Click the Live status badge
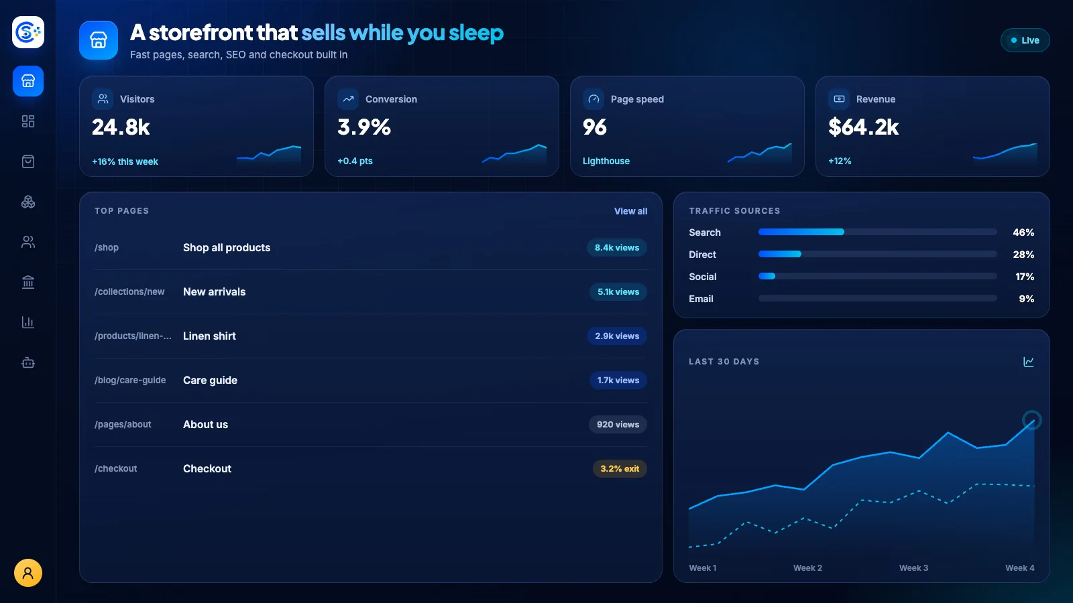point(1025,40)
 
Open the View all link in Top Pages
point(630,211)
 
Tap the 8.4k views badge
point(616,247)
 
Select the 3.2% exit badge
point(620,468)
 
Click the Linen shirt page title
point(209,336)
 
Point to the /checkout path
point(115,468)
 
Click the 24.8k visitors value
point(121,127)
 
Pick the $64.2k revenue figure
point(863,127)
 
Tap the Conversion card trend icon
point(348,99)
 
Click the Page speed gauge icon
point(594,99)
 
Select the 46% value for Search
point(1023,232)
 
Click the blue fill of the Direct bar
point(780,254)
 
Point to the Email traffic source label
point(701,299)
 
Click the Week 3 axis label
point(913,568)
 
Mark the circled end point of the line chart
point(1032,420)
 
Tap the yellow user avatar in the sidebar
point(27,573)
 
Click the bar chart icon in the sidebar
point(27,322)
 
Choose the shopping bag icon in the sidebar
point(27,161)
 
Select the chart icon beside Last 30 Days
point(1029,361)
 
